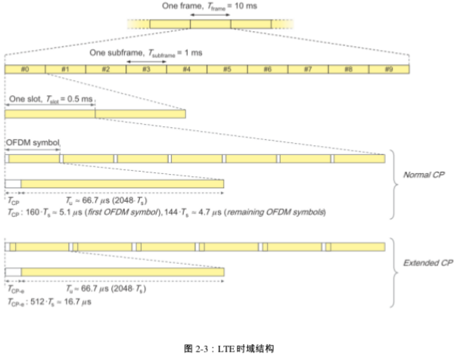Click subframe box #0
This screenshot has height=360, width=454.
(x=25, y=68)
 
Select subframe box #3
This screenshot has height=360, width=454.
(x=146, y=68)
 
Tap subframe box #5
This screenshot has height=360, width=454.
(x=227, y=68)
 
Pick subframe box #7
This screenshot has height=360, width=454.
(x=308, y=68)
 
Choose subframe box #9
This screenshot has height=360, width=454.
(x=389, y=68)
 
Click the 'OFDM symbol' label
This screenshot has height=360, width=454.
(x=32, y=142)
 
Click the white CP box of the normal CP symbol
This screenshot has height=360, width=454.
(x=13, y=184)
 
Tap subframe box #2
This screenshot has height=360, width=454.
(x=106, y=68)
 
